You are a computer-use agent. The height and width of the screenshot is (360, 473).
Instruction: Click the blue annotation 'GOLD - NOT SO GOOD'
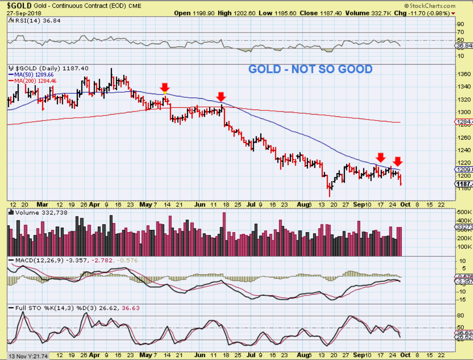[310, 69]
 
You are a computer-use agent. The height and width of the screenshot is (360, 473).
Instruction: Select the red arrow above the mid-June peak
[221, 96]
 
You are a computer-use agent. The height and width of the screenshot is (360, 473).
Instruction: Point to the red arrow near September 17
[381, 157]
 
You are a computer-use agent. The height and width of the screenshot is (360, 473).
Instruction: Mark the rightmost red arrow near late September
[398, 161]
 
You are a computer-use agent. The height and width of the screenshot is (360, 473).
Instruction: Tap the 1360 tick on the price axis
[463, 74]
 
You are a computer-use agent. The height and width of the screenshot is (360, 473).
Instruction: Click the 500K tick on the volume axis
[464, 212]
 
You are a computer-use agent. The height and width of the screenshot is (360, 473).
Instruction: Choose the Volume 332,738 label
[35, 212]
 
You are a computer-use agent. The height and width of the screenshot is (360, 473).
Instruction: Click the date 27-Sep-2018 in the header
[22, 13]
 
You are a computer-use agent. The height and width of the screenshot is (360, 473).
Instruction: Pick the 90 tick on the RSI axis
[460, 24]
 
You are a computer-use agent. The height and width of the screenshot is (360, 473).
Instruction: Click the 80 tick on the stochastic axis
[460, 315]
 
